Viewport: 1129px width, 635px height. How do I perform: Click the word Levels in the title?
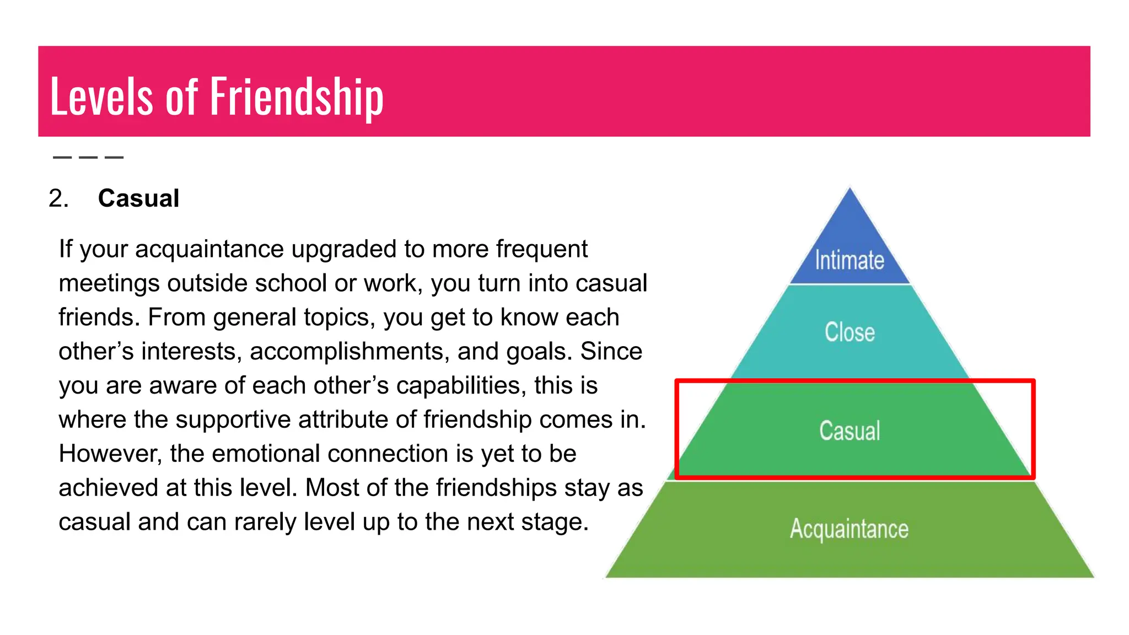tap(101, 98)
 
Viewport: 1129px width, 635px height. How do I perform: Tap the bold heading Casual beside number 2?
tap(138, 198)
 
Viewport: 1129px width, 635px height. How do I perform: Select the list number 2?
tap(58, 198)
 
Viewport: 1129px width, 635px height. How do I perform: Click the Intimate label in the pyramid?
tap(850, 260)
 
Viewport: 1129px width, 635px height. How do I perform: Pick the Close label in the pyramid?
tap(850, 332)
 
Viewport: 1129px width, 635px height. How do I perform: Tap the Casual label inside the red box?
tap(850, 430)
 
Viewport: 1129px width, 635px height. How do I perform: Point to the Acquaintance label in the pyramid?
tap(849, 529)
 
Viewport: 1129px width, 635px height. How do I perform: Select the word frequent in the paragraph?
tap(541, 249)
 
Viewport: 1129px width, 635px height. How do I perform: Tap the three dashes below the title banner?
tap(88, 158)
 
